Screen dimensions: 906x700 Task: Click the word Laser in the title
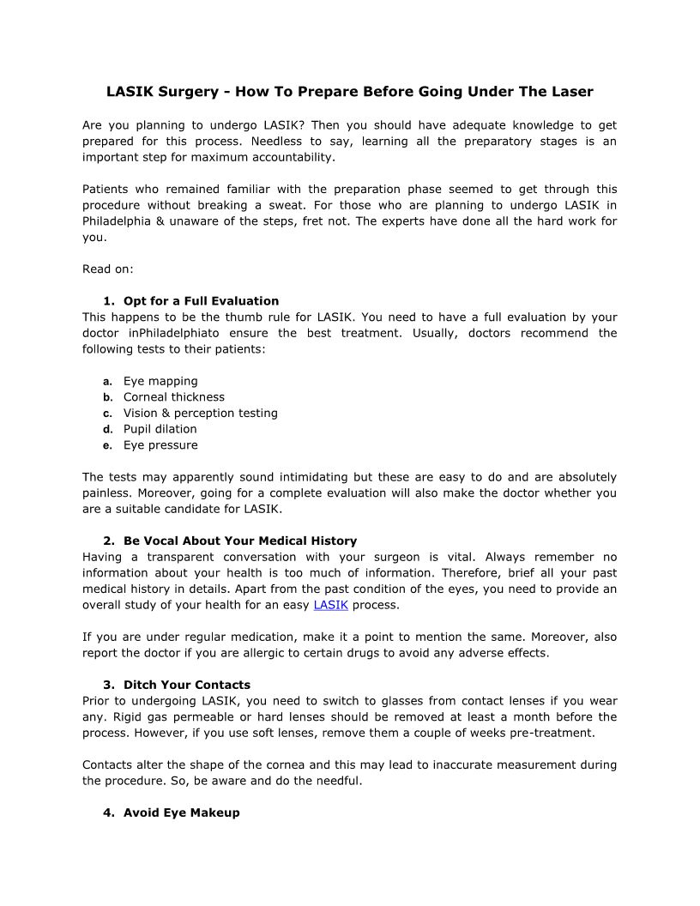tap(572, 91)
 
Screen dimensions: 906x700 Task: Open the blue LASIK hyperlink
tap(331, 605)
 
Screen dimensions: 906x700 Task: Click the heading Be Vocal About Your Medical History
tap(240, 541)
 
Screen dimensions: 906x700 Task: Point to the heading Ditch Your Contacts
tap(187, 685)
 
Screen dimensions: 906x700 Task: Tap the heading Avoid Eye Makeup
tap(182, 812)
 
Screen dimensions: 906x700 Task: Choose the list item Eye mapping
tap(160, 381)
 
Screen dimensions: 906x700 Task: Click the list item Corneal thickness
tap(174, 397)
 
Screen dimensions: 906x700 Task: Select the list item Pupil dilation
tap(160, 429)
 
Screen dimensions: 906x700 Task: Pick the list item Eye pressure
tap(160, 445)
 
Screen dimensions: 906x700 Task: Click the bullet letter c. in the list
tap(108, 414)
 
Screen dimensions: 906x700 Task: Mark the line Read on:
tap(108, 269)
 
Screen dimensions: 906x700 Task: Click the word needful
tap(338, 781)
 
